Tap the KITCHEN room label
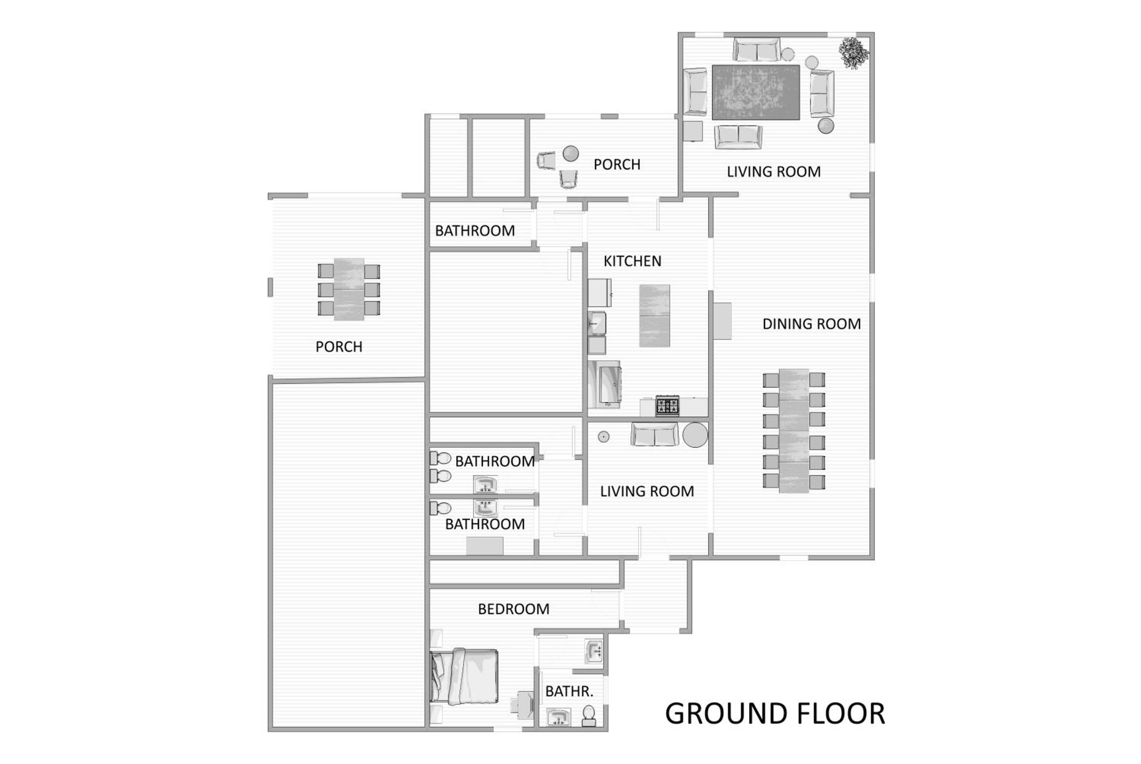(632, 261)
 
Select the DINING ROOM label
(812, 324)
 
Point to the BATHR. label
(569, 691)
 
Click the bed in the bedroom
(464, 676)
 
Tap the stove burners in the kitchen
(667, 406)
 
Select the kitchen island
(654, 316)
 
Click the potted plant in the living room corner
(853, 52)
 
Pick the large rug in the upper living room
(755, 92)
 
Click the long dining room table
(794, 431)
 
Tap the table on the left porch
(349, 289)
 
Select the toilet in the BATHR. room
(589, 716)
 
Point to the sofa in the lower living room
(655, 434)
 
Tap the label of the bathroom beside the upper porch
(475, 231)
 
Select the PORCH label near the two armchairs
(617, 165)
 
